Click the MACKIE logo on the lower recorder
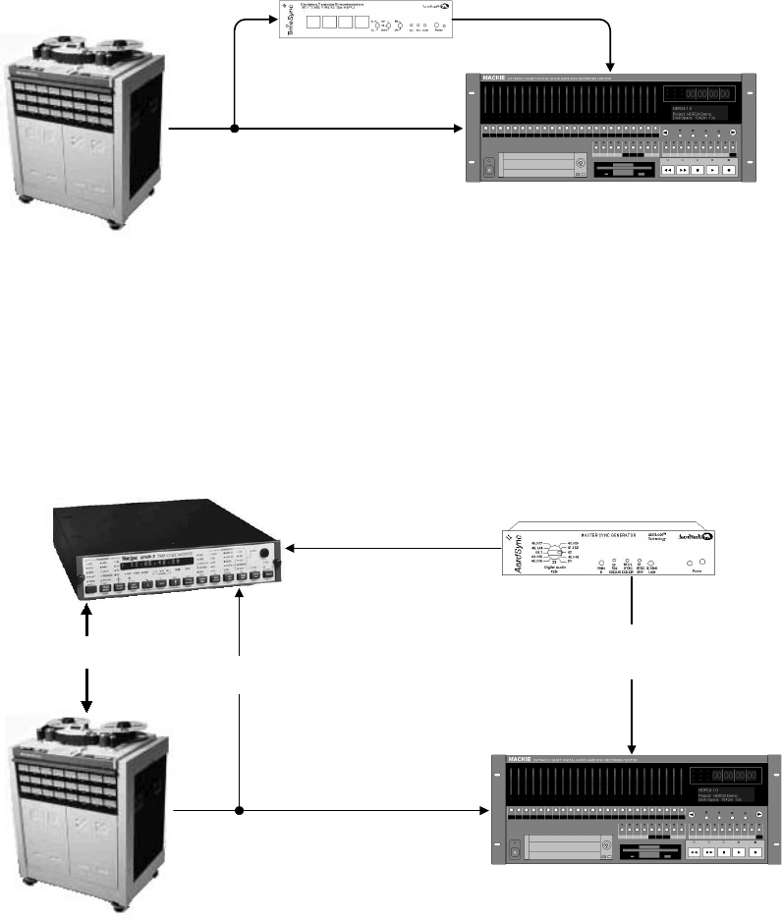tap(521, 758)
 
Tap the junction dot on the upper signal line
tap(235, 129)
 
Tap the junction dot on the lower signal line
tap(240, 811)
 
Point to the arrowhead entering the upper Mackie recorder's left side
tap(458, 129)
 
